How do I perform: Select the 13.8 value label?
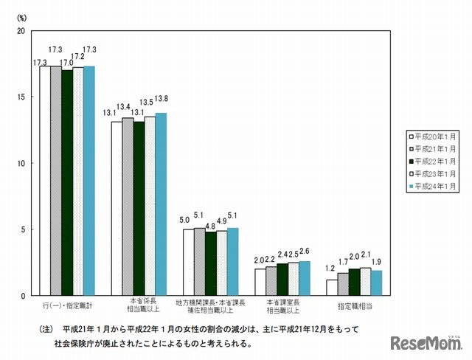click(161, 98)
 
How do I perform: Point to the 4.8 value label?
click(211, 226)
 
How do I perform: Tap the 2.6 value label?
click(305, 252)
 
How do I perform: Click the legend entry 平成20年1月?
click(433, 136)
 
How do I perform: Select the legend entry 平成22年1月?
click(433, 161)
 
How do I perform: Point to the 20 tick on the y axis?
click(21, 31)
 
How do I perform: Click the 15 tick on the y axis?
click(21, 97)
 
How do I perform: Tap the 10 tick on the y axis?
click(21, 163)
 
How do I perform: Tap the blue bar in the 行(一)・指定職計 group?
click(89, 181)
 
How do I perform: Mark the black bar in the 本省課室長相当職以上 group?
click(282, 279)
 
